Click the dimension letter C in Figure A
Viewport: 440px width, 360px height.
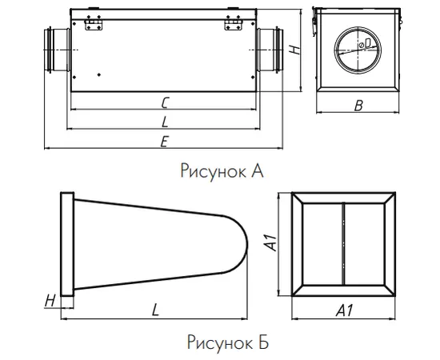(165, 102)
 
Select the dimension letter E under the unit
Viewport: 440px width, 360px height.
(164, 142)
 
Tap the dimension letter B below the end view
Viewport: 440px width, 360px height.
(358, 106)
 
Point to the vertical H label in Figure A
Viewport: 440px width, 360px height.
(294, 50)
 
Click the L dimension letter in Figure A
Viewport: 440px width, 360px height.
(165, 122)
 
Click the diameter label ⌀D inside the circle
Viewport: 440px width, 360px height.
(365, 43)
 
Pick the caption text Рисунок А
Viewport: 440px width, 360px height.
(222, 171)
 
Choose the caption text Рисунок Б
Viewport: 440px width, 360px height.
(227, 342)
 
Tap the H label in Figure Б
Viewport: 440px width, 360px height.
(50, 302)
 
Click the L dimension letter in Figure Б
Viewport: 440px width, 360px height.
(155, 310)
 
